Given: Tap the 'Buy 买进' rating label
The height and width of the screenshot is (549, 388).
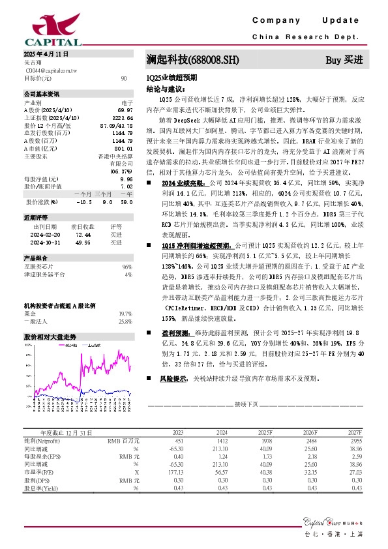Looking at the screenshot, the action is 344,61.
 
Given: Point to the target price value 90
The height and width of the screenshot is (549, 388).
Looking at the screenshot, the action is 124,78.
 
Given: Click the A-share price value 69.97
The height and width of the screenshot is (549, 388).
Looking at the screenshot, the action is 125,110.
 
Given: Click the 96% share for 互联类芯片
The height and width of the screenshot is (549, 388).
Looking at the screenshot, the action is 127,267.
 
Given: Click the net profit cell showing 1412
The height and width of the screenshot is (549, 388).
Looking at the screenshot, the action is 222,441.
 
